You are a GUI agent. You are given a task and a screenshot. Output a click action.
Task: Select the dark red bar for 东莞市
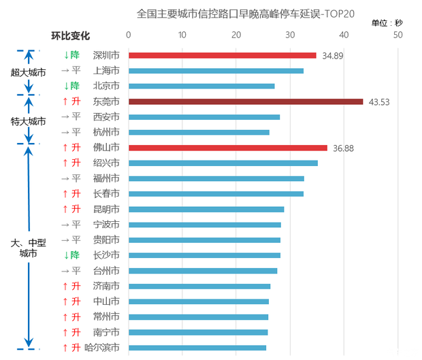[246, 101]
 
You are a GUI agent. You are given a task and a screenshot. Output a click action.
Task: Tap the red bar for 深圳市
[223, 55]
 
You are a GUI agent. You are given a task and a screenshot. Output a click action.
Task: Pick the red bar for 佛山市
[228, 148]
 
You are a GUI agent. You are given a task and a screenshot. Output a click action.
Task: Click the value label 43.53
[379, 102]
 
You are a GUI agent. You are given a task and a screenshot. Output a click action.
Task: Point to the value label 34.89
[332, 55]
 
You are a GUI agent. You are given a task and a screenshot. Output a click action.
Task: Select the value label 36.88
[343, 148]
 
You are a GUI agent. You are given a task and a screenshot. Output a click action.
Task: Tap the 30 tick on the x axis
[290, 35]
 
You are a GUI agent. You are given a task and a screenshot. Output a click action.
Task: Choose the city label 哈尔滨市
[105, 348]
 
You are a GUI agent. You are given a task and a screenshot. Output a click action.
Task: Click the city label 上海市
[107, 71]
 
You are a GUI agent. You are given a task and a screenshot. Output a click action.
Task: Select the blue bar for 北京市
[201, 86]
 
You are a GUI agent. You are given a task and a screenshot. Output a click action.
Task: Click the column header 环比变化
[71, 35]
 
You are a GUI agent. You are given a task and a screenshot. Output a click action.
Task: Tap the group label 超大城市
[28, 71]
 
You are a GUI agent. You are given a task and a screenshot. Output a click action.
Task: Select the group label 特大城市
[28, 121]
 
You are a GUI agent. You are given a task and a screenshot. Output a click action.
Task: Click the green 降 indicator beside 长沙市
[71, 255]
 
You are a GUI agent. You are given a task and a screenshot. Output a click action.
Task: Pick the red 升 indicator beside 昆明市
[71, 209]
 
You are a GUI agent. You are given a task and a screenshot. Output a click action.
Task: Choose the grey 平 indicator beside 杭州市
[71, 132]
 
